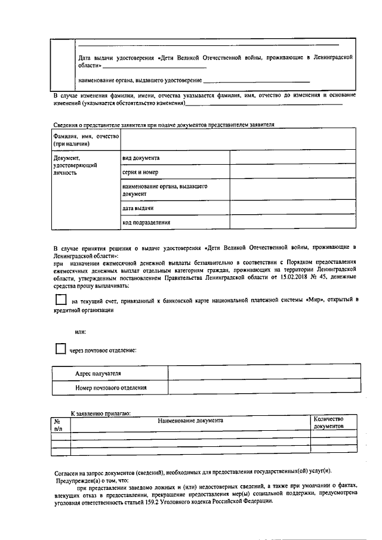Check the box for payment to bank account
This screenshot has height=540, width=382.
pos(60,300)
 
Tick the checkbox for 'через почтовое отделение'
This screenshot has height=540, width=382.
pos(60,349)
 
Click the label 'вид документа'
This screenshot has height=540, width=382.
pos(140,158)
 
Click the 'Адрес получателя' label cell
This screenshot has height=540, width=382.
pos(98,373)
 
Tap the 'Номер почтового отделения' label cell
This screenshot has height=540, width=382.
pos(111,388)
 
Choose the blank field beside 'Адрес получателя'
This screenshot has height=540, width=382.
pos(264,373)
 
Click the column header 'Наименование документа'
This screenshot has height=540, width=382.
pos(190,420)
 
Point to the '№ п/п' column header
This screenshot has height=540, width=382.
pos(58,424)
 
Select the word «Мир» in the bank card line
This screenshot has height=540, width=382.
pos(315,300)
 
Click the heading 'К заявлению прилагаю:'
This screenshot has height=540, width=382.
pos(101,413)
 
